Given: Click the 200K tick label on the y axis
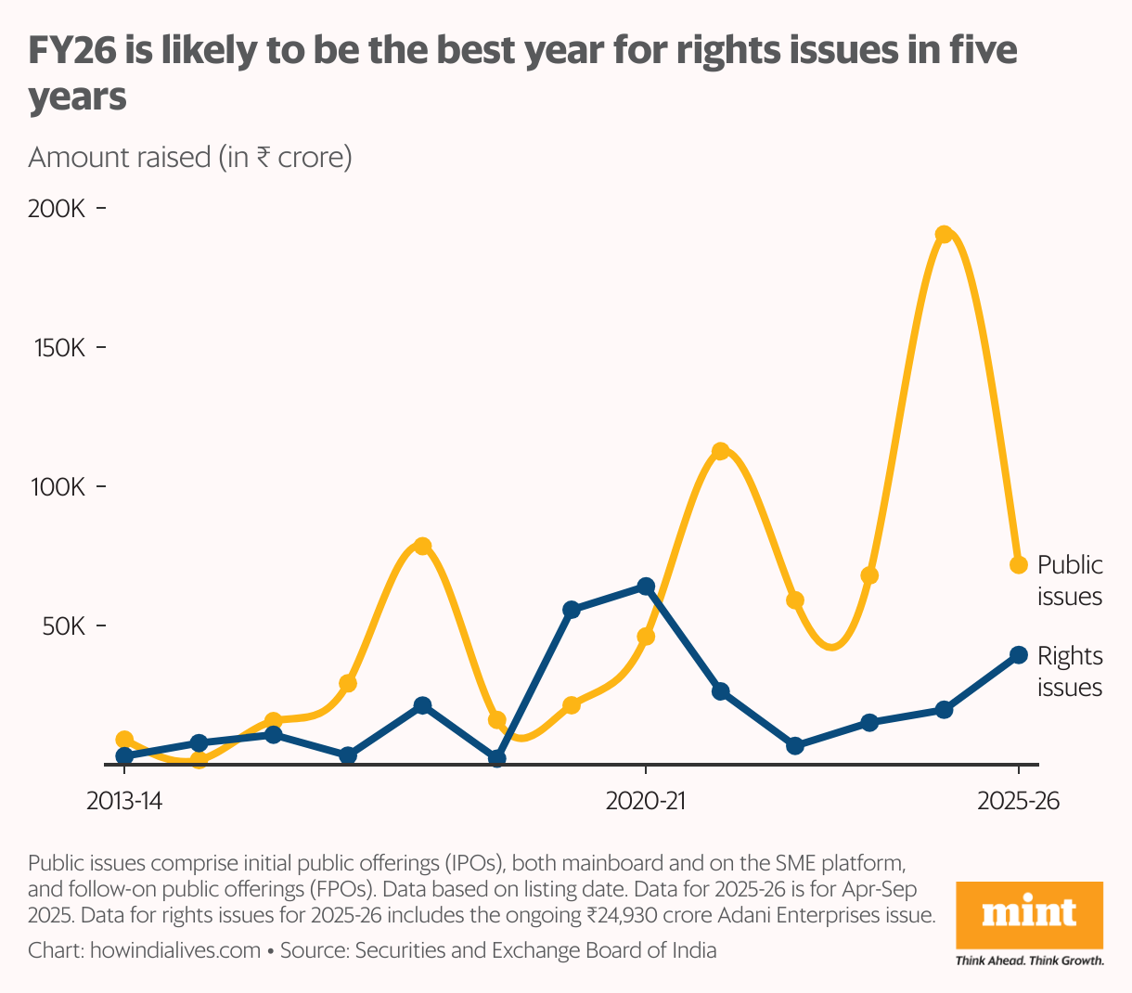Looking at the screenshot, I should [x=57, y=209].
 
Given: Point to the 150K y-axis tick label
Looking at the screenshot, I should [x=57, y=348].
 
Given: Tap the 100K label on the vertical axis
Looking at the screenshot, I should [x=57, y=486].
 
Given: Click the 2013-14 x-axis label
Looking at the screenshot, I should [x=123, y=801].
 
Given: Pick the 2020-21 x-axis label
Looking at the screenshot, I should [x=646, y=801].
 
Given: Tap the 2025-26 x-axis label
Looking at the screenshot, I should [x=1018, y=801].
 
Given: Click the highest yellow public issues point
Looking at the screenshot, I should [x=944, y=235].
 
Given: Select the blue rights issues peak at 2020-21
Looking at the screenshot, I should [x=646, y=587].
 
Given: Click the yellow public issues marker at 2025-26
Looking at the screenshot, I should [x=1018, y=564].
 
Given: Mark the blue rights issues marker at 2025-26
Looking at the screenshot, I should [x=1018, y=655].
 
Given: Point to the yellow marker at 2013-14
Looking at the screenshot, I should [x=124, y=740].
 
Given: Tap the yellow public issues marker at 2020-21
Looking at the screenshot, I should [x=646, y=637].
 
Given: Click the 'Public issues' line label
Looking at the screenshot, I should [x=1069, y=580].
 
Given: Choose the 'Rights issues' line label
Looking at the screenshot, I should [x=1069, y=671].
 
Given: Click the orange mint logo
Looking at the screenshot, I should [x=1029, y=914].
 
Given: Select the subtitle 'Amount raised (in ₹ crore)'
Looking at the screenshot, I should [x=190, y=157].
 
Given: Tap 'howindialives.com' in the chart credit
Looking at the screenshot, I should [x=174, y=950].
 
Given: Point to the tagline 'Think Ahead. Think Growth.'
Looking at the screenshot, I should [x=1029, y=961].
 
